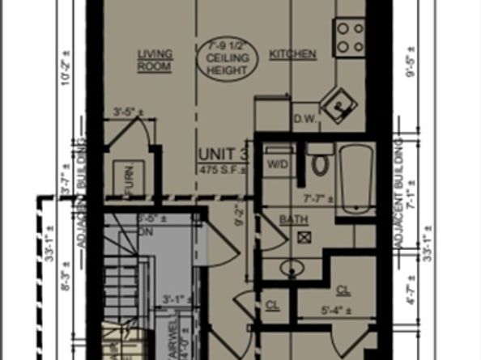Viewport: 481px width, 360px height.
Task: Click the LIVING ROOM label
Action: point(154,61)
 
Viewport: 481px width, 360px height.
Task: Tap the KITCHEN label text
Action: point(292,54)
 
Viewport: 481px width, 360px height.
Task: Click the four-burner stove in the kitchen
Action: point(350,36)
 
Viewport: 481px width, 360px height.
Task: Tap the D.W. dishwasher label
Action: point(303,119)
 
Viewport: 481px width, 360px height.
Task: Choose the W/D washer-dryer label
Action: point(277,163)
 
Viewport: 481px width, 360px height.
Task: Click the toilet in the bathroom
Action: point(320,162)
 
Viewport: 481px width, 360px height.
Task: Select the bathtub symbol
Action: point(355,178)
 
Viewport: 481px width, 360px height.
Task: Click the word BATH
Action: point(289,220)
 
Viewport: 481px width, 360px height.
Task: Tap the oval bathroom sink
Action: point(292,267)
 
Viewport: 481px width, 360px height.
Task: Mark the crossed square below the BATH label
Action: point(305,237)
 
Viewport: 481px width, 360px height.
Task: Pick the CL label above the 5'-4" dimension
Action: point(343,289)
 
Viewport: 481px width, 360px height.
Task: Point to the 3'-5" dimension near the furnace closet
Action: point(128,111)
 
